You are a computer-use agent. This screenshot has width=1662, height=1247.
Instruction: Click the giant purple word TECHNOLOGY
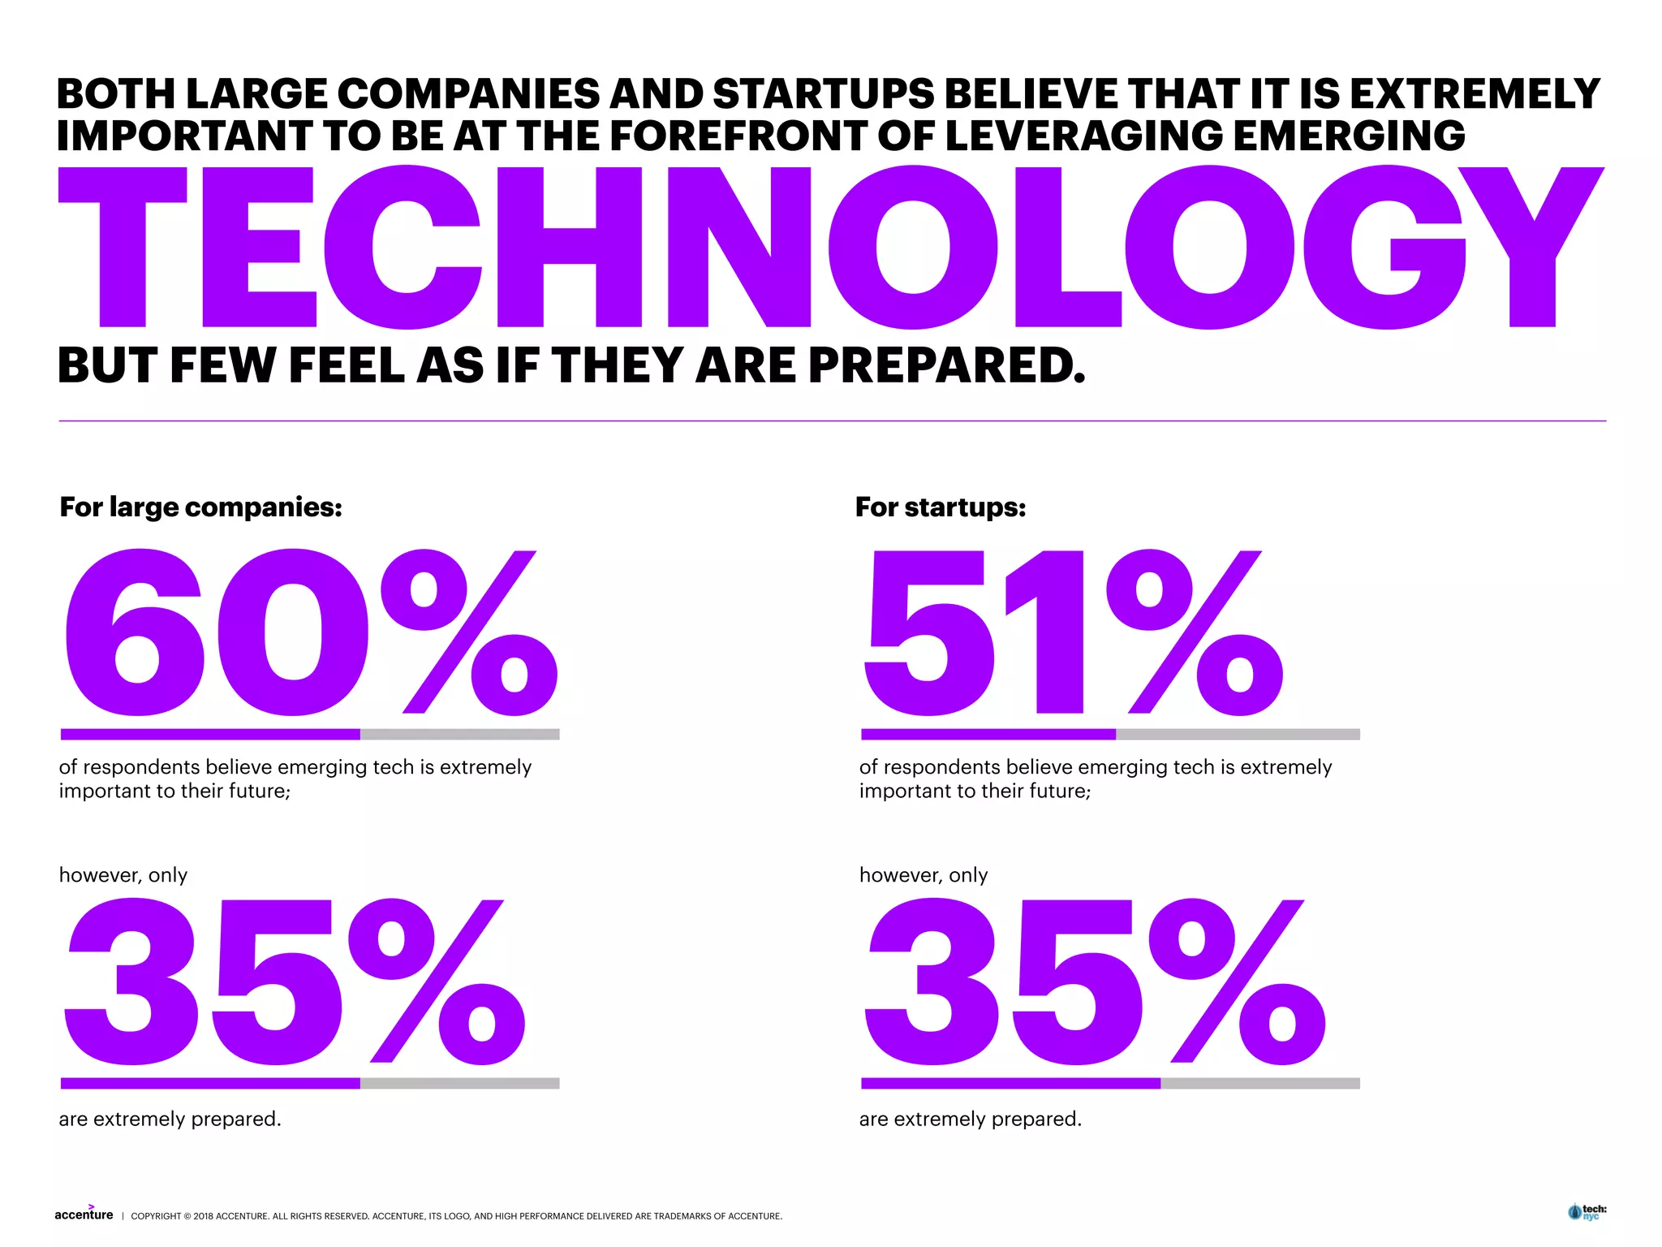point(831,248)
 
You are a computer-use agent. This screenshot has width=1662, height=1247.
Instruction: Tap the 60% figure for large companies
point(308,633)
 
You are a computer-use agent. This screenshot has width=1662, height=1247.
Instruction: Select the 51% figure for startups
point(1071,633)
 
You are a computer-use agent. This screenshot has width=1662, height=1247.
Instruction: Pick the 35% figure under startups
point(1094,982)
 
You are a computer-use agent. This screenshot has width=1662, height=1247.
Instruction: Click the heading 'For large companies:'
point(200,507)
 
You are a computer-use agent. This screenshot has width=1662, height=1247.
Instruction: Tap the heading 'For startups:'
point(941,507)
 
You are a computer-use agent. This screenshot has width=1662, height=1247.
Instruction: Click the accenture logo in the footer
point(84,1214)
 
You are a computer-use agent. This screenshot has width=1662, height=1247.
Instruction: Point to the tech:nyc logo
point(1587,1212)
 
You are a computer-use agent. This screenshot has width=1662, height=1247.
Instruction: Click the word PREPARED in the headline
point(946,365)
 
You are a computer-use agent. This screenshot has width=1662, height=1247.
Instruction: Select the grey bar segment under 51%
point(1238,734)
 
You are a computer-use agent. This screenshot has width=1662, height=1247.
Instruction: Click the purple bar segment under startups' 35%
point(1010,1083)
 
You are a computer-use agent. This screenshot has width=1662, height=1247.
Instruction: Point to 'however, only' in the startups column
point(923,875)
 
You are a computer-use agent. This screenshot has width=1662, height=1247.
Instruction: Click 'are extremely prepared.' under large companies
point(170,1119)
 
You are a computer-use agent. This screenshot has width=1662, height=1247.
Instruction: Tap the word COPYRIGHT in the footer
point(156,1216)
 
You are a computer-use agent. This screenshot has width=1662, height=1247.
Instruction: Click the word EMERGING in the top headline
point(1349,136)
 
